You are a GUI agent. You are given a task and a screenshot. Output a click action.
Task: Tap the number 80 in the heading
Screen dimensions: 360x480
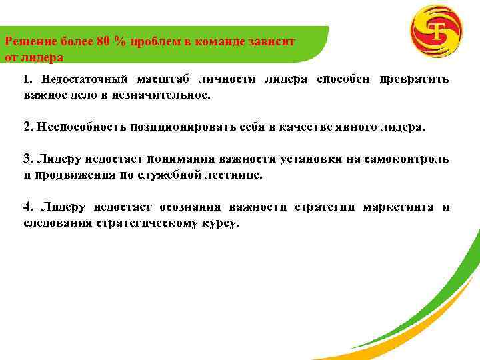pos(103,41)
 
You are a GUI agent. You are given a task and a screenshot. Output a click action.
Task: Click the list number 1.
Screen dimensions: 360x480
pos(26,79)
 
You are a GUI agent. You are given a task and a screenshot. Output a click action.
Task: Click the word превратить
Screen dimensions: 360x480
pos(414,79)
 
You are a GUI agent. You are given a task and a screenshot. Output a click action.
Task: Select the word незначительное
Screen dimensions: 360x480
pos(163,95)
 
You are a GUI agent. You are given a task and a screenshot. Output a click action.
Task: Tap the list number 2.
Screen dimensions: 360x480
pos(27,127)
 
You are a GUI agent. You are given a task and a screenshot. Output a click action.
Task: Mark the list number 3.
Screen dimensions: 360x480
pos(27,159)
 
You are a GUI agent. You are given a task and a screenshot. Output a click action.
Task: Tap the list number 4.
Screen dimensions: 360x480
pos(27,207)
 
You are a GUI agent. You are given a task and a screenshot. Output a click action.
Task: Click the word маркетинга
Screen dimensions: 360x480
pos(395,207)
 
